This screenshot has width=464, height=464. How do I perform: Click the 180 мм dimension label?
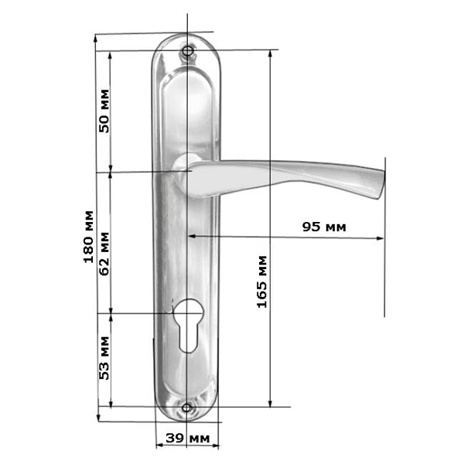pyautogui.click(x=89, y=237)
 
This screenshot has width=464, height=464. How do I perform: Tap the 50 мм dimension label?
pyautogui.click(x=104, y=111)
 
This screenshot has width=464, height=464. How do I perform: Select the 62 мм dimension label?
pyautogui.click(x=104, y=254)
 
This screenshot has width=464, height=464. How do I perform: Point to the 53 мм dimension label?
pyautogui.click(x=104, y=358)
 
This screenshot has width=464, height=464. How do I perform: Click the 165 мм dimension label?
pyautogui.click(x=262, y=281)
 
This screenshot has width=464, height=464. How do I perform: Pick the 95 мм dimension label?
pyautogui.click(x=324, y=227)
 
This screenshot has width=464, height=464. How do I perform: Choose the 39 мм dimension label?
pyautogui.click(x=188, y=438)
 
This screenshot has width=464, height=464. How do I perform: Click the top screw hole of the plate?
pyautogui.click(x=187, y=51)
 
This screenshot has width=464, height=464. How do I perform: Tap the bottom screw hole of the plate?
pyautogui.click(x=186, y=408)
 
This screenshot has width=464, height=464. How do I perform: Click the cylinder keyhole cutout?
pyautogui.click(x=187, y=326)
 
